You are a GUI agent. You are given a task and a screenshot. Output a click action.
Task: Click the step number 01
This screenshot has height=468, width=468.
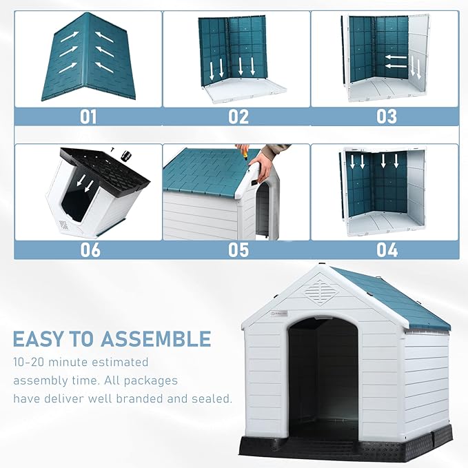[x=88, y=116]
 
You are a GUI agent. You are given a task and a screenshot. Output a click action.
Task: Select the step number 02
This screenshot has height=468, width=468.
[x=238, y=116]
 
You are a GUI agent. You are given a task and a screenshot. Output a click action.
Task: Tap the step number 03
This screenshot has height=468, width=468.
[x=386, y=116]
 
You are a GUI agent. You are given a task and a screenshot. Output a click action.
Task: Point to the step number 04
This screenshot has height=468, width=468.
[x=386, y=249]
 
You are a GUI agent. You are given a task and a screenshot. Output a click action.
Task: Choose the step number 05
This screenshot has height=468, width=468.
[x=238, y=249]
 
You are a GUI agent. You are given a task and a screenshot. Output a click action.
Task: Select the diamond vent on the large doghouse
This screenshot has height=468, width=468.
[x=321, y=289]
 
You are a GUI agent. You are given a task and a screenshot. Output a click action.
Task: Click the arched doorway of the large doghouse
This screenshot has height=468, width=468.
[x=323, y=376]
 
